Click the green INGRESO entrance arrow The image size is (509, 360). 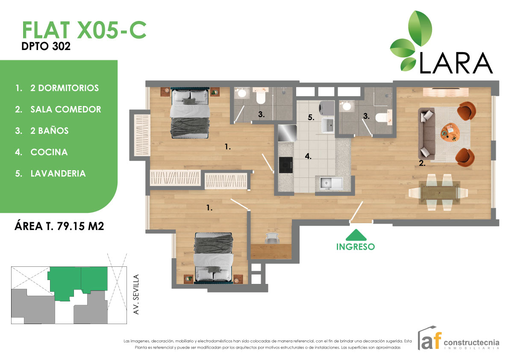click(356, 235)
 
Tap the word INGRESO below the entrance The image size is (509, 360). click(356, 247)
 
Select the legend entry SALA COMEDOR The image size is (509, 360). click(65, 109)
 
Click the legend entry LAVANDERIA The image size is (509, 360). click(58, 174)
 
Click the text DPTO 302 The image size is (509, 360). click(46, 47)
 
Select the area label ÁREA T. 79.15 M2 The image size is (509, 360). click(59, 226)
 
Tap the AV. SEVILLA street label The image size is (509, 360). click(137, 295)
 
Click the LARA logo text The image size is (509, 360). click(456, 63)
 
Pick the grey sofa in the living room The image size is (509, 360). click(427, 133)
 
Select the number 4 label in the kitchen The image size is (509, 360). click(308, 156)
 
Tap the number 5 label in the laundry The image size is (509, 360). click(312, 117)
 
